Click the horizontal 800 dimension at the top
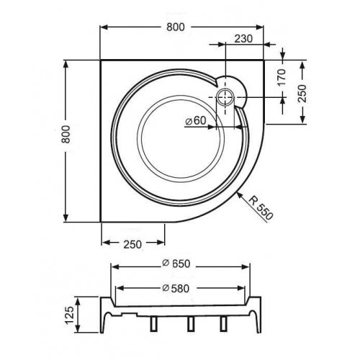[x=176, y=27]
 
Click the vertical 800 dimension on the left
[x=66, y=135]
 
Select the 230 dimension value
[x=243, y=39]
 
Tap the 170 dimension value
[x=282, y=77]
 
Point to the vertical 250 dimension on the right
[x=302, y=94]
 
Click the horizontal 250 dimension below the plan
[x=132, y=245]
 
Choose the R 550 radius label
[x=261, y=207]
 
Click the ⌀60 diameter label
[x=196, y=121]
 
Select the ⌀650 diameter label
[x=176, y=264]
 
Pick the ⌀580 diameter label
[x=176, y=288]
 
